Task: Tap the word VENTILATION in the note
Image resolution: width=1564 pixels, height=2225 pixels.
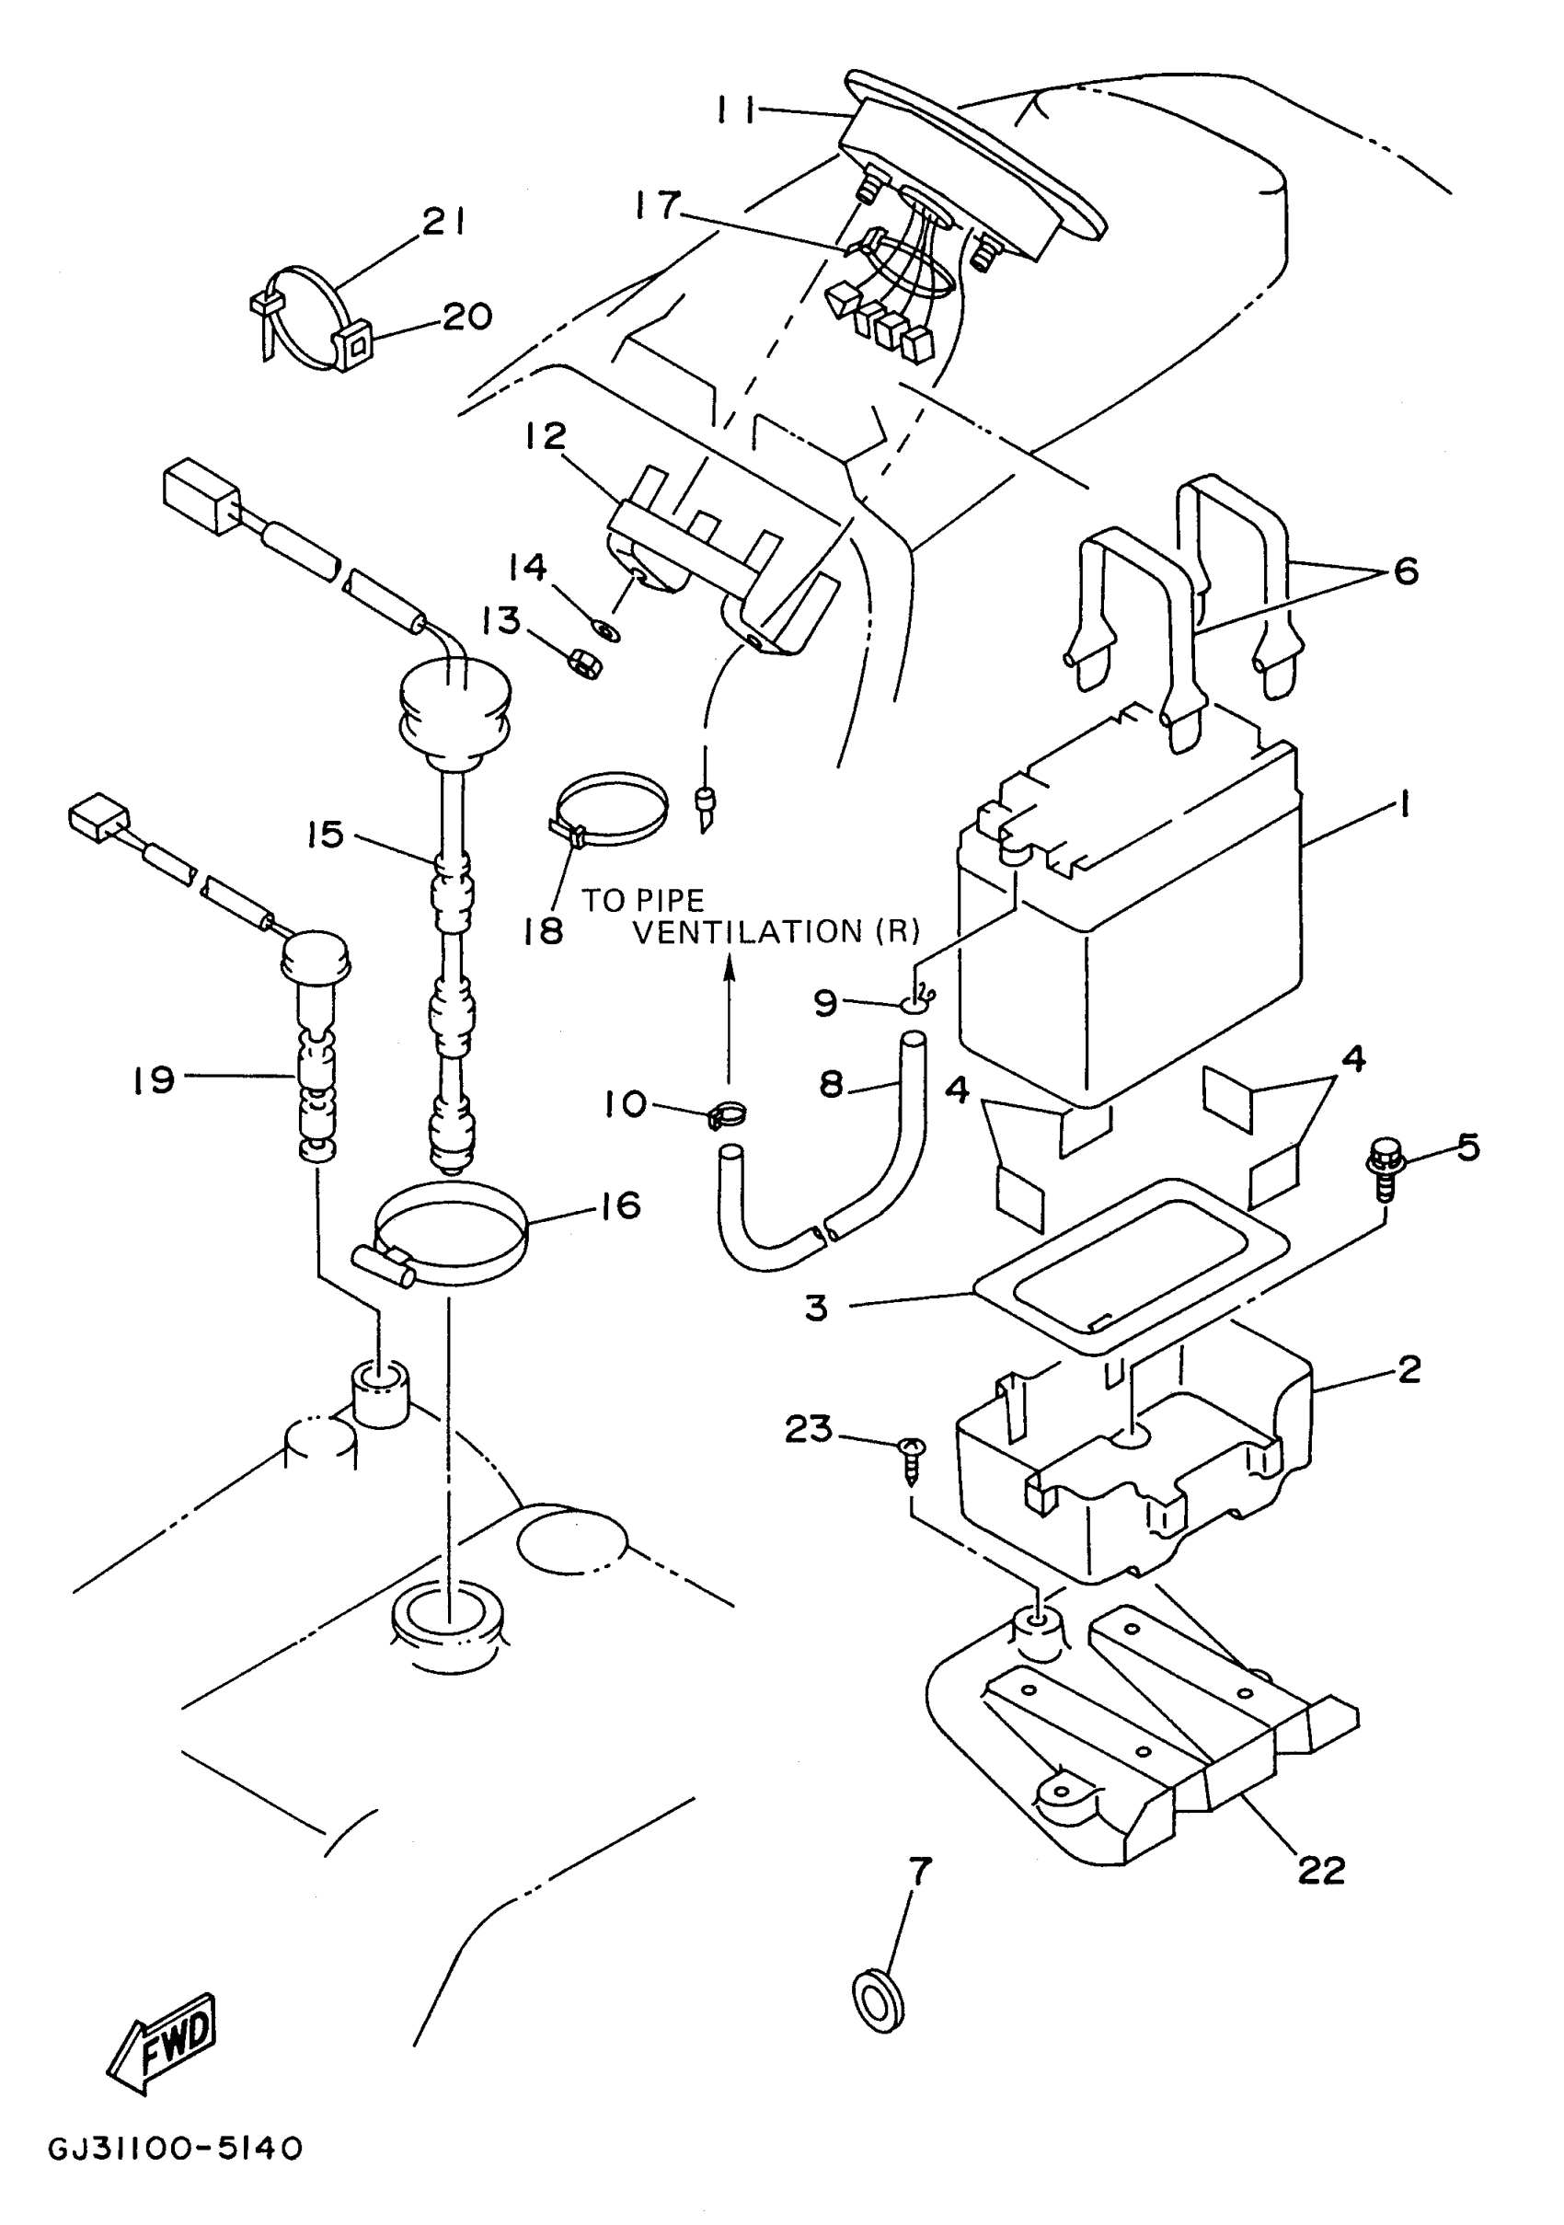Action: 747,932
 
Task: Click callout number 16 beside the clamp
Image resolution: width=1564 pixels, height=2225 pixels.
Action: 620,1205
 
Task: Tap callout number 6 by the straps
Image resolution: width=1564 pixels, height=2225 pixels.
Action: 1405,571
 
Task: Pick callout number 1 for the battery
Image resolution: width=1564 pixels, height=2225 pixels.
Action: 1402,803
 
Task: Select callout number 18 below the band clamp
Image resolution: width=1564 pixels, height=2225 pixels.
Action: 543,931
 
